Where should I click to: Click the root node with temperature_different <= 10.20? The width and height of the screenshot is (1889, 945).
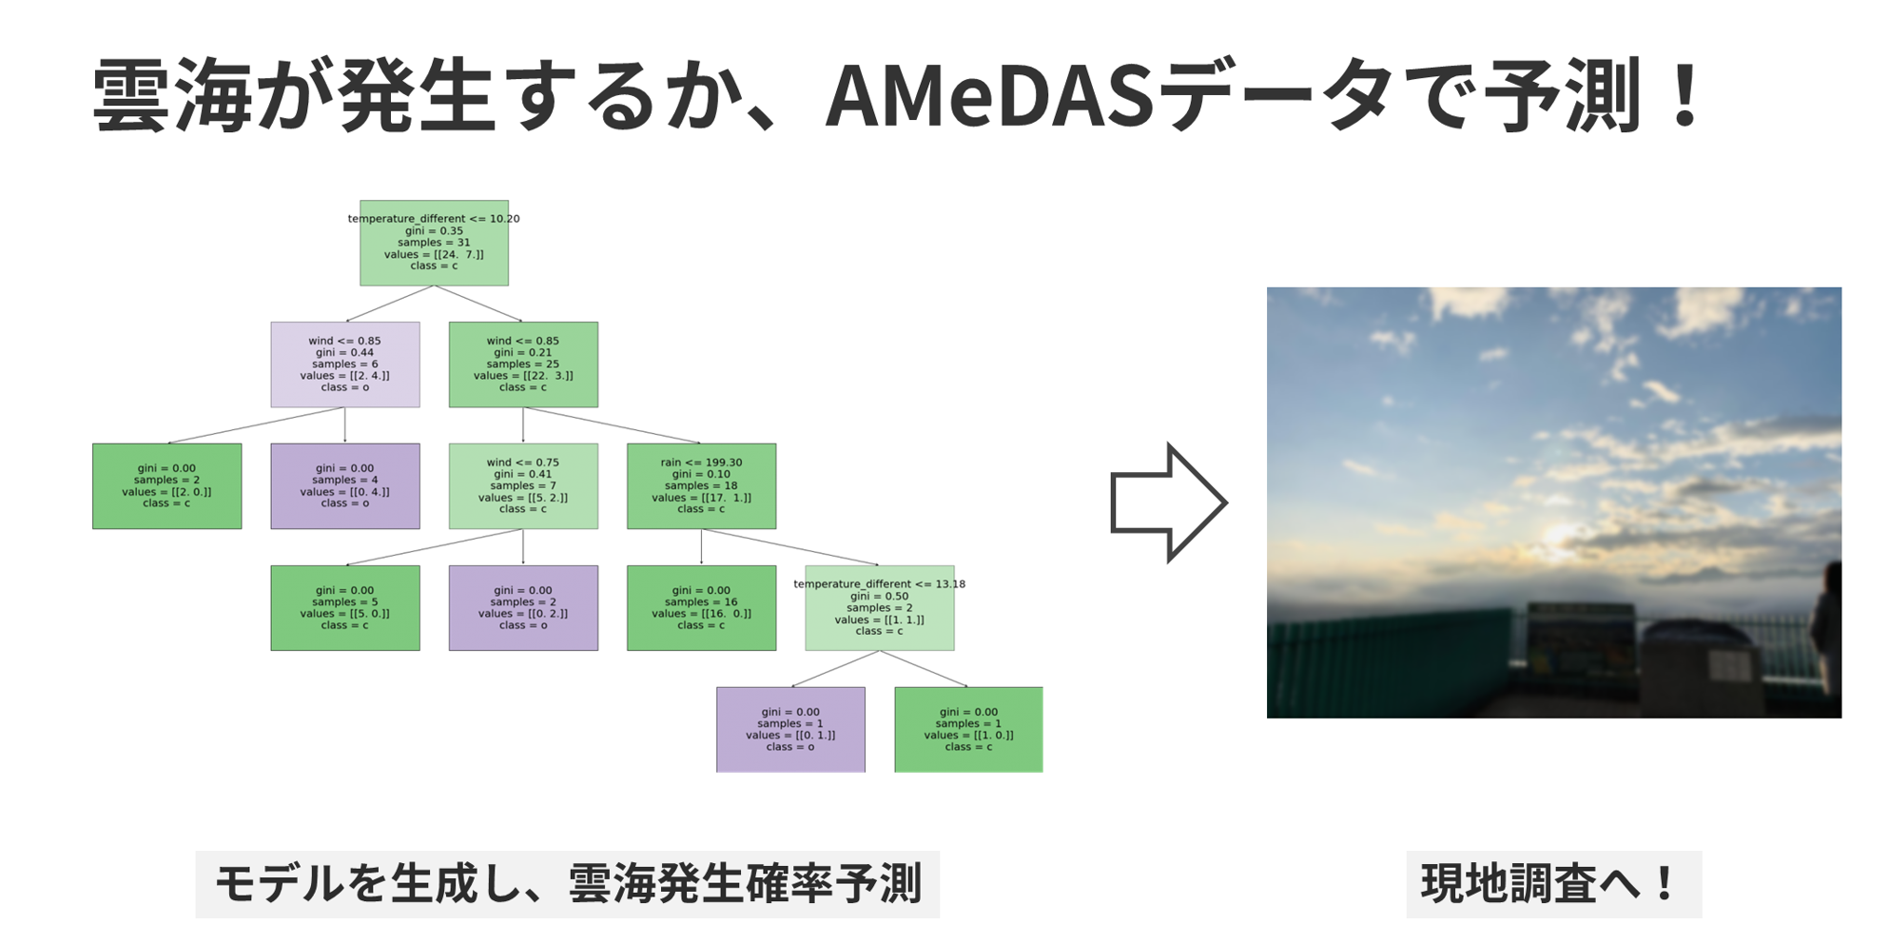point(434,243)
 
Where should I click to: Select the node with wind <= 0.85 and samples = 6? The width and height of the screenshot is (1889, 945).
point(345,364)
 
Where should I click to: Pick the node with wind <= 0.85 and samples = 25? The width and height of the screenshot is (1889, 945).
point(523,364)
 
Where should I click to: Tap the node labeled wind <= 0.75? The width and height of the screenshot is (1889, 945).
point(523,486)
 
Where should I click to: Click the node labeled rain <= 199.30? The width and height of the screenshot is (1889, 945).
point(701,486)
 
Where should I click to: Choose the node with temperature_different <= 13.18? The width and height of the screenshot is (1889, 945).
point(880,608)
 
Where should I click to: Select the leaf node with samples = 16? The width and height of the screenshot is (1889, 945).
point(701,608)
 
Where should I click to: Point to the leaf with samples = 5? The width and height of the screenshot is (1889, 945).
point(345,608)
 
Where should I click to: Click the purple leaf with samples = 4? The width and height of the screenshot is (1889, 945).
point(345,486)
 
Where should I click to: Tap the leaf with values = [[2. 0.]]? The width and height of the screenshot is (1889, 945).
point(166,486)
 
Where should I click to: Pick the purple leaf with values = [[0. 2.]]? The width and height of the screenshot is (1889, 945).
point(523,608)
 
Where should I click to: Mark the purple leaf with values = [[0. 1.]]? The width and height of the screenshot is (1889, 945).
point(790,730)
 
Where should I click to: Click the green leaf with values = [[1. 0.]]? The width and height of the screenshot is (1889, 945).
point(968,730)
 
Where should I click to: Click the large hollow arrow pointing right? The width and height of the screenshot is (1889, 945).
point(1169,502)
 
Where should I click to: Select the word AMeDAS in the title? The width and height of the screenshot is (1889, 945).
point(989,96)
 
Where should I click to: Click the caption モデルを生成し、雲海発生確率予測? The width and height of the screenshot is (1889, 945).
point(568,884)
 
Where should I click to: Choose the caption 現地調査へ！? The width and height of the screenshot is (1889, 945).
point(1553,884)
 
